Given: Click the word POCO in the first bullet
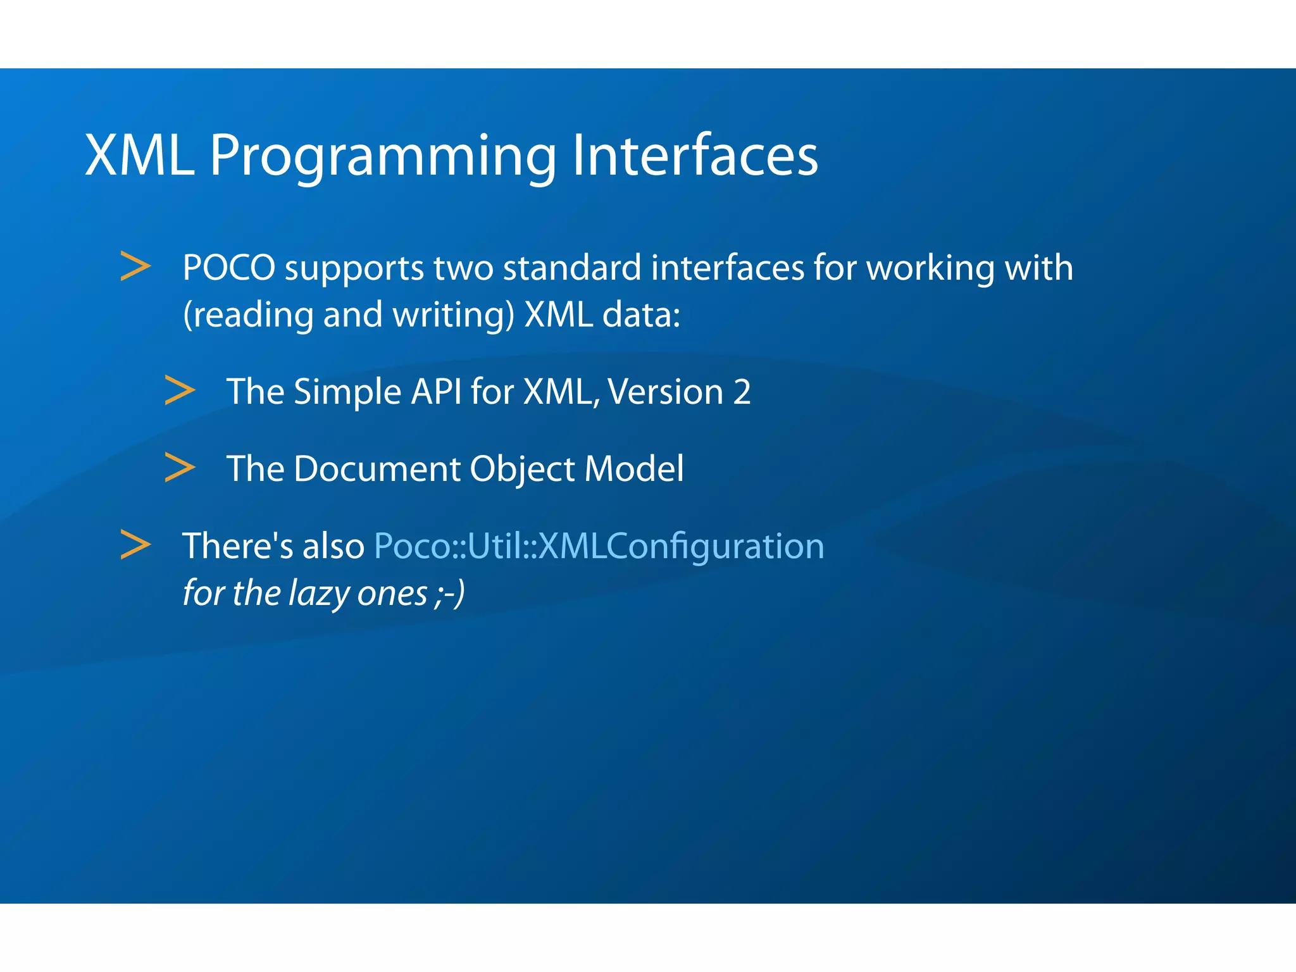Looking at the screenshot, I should pos(228,268).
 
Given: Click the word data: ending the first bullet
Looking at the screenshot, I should pos(640,315).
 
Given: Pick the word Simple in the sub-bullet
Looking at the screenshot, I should pos(347,392).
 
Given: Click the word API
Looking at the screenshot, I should pos(436,391).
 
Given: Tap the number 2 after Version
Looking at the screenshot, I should pos(742,392).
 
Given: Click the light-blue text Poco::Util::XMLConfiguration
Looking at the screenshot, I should pos(599,546).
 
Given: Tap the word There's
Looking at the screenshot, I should pos(237,546).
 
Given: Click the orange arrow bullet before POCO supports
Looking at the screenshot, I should pos(135,266).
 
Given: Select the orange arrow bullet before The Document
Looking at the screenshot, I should pos(180,467).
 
